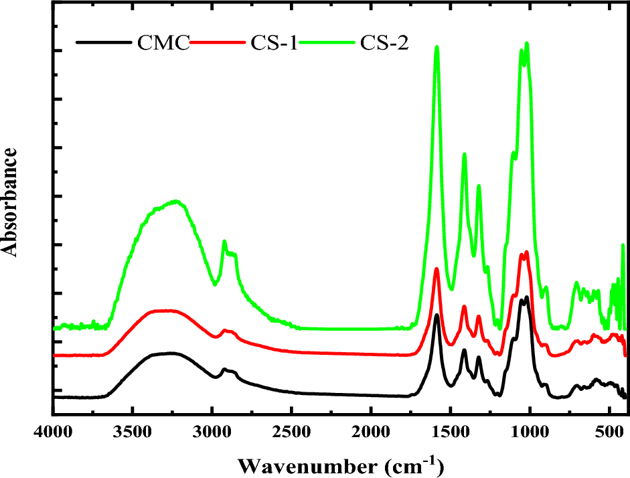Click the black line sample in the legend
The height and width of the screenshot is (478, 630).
point(104,43)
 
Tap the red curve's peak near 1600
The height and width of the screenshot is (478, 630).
point(437,269)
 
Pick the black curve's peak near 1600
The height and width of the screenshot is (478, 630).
point(437,315)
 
